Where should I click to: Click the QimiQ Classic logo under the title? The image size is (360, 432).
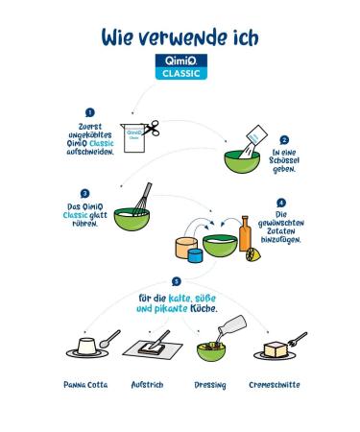tap(181, 66)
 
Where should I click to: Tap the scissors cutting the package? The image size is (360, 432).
tap(151, 129)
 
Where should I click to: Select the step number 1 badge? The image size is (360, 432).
tap(90, 112)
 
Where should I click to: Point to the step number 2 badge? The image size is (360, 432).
tap(284, 140)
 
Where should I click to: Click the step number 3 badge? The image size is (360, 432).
tap(84, 194)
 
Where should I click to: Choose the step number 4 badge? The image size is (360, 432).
tap(281, 203)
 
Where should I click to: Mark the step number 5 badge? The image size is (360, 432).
tap(177, 281)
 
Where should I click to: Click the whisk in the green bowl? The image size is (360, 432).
tap(142, 199)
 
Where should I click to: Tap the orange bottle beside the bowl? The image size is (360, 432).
tap(245, 233)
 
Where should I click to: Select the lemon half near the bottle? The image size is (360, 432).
tap(253, 254)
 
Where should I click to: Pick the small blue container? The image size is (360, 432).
tap(195, 255)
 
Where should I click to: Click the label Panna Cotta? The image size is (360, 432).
tap(85, 385)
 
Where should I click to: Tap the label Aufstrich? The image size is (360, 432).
tap(147, 385)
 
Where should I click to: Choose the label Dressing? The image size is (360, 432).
tap(210, 385)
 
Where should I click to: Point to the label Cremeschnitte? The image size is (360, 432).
tap(275, 385)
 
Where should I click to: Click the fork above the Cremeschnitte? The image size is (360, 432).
tap(298, 339)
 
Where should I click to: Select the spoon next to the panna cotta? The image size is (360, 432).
tap(109, 339)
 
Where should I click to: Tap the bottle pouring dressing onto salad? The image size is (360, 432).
tap(231, 324)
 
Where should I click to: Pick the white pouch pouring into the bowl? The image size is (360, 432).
tap(254, 140)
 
